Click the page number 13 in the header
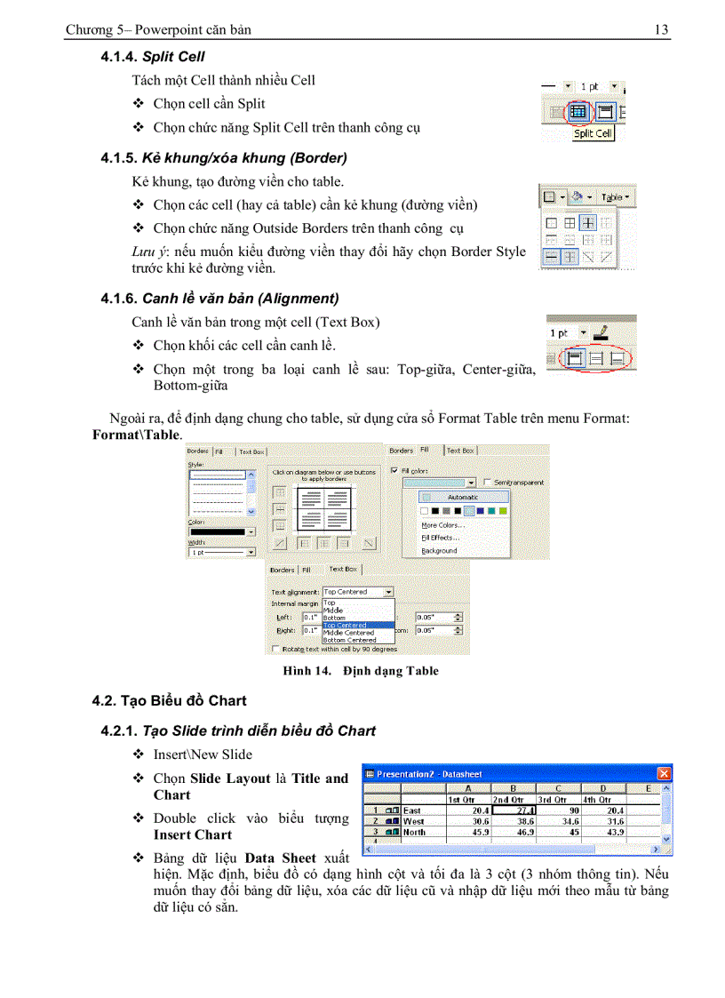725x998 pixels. [661, 30]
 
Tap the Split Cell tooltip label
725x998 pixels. [593, 134]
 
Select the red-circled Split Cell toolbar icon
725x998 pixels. [578, 112]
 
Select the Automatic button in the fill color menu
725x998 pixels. [462, 497]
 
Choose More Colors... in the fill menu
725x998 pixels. [443, 525]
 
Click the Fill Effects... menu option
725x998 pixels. [441, 538]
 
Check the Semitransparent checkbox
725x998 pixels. [487, 482]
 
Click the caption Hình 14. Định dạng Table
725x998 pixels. [361, 671]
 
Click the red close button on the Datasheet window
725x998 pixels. [663, 773]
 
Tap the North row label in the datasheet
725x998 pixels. [414, 833]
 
